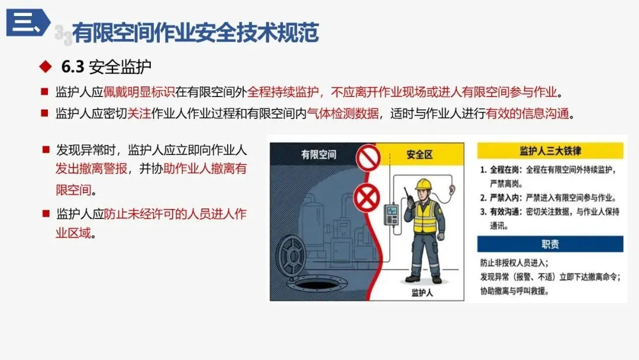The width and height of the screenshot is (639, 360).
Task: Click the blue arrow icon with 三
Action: click(28, 22)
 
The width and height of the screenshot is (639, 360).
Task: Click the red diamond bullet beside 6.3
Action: click(46, 66)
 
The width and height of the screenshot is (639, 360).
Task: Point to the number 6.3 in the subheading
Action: click(73, 67)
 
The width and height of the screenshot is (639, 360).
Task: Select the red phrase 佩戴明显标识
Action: click(139, 92)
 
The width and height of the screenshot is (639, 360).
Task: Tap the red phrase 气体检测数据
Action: click(343, 113)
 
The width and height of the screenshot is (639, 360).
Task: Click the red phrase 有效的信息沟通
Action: click(527, 113)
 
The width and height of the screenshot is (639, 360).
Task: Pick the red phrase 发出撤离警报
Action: click(91, 168)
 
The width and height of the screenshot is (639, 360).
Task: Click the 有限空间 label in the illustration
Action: click(318, 155)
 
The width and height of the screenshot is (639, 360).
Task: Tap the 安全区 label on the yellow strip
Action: click(419, 155)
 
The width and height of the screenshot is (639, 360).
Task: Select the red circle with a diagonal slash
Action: click(368, 158)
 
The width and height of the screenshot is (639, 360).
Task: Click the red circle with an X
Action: click(366, 198)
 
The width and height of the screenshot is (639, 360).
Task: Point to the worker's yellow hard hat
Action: click(424, 185)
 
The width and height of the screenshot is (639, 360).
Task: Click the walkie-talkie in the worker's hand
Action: click(408, 197)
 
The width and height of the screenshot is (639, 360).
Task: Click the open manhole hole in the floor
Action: click(318, 283)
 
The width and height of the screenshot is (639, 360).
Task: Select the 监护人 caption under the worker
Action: click(422, 292)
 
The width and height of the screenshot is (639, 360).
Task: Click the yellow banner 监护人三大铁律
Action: click(550, 151)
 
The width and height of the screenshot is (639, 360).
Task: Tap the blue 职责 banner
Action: click(550, 244)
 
